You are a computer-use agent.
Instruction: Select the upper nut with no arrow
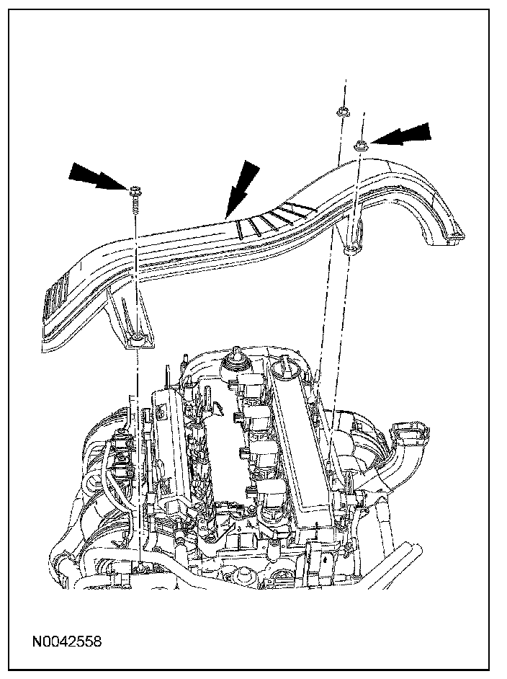coord(341,112)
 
